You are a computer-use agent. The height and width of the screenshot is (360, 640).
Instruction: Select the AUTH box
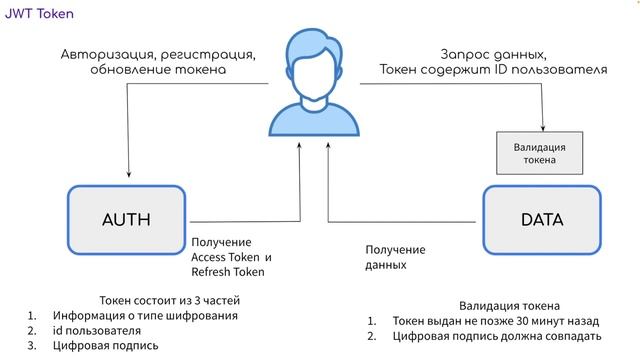[x=126, y=219]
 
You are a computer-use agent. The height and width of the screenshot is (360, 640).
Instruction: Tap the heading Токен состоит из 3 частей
[x=170, y=300]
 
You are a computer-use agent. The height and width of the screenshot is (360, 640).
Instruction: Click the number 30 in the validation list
[x=509, y=322]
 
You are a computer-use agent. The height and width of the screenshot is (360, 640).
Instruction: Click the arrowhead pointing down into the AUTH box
[x=128, y=175]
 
